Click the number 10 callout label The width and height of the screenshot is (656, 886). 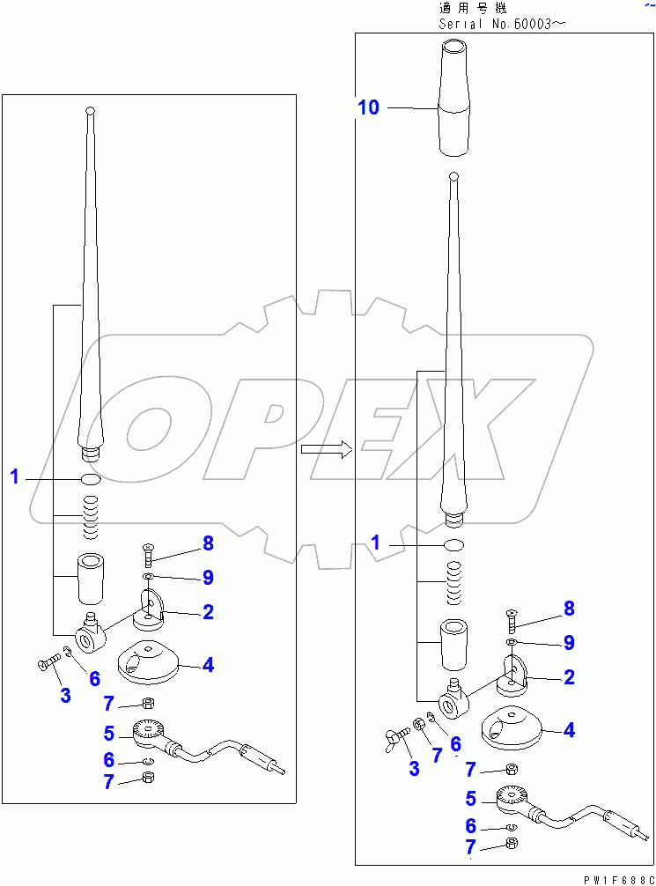(368, 107)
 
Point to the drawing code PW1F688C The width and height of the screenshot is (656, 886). (614, 877)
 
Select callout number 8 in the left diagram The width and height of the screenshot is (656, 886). (208, 543)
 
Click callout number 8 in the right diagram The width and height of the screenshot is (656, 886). (569, 608)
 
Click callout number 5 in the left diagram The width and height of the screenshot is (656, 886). (108, 732)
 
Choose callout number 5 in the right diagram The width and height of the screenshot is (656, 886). (470, 800)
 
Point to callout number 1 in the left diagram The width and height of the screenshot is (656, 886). (14, 477)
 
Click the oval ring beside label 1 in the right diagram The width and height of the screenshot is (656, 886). (454, 544)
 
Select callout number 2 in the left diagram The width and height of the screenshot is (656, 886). (208, 611)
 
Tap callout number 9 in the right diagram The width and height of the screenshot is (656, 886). (569, 643)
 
